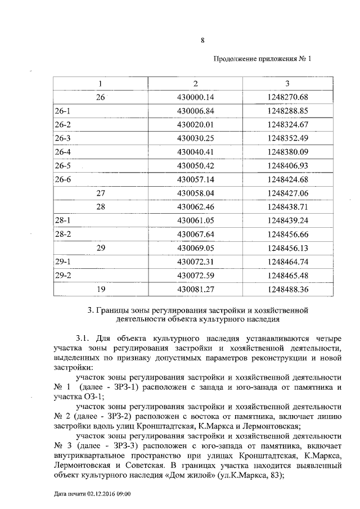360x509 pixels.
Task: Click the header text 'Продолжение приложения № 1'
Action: (x=262, y=60)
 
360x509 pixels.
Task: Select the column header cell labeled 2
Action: (x=196, y=84)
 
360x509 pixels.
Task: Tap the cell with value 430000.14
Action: (x=196, y=97)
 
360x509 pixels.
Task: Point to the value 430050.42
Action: (x=196, y=166)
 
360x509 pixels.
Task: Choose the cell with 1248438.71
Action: (x=289, y=207)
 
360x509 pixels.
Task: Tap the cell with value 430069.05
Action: (x=196, y=248)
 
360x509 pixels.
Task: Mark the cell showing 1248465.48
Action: (x=289, y=276)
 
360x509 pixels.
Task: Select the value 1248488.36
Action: (x=289, y=289)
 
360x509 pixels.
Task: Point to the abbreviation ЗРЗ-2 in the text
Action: (x=116, y=416)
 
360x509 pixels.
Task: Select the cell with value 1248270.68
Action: (x=289, y=97)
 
